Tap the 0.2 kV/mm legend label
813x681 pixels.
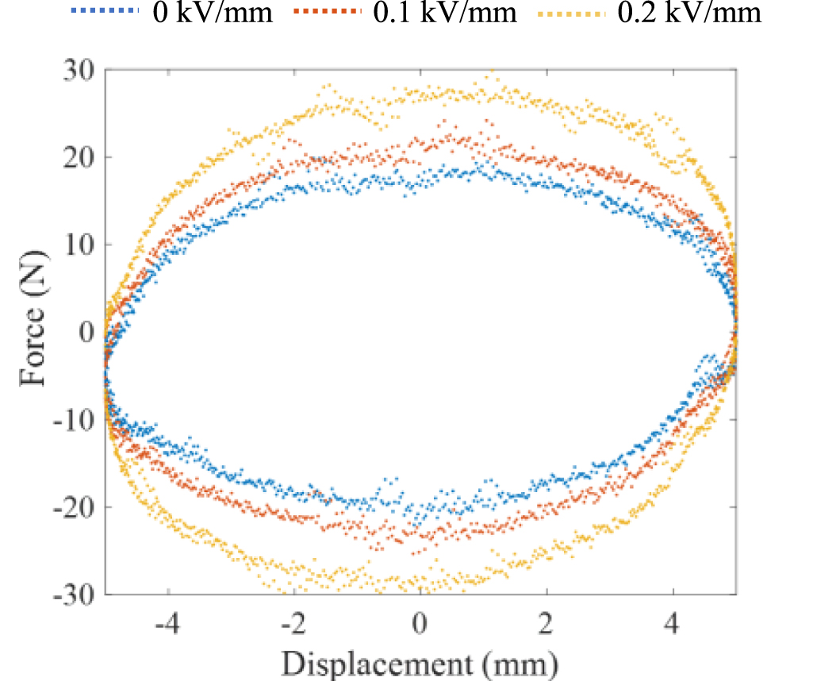pyautogui.click(x=689, y=13)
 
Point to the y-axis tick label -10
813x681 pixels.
pyautogui.click(x=74, y=419)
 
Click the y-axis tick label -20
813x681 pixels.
pyautogui.click(x=74, y=506)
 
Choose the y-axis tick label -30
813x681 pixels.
pyautogui.click(x=74, y=594)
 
